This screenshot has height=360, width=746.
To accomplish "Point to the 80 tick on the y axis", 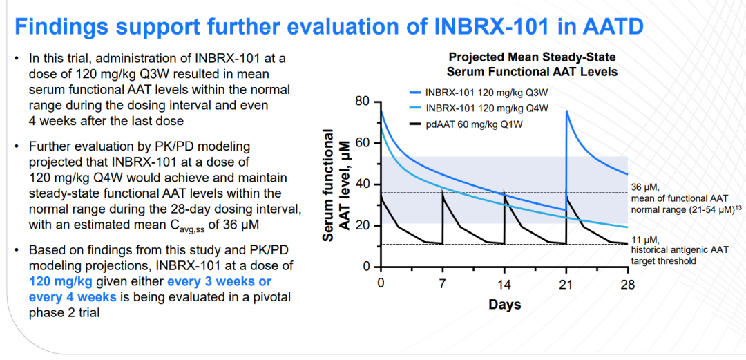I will (362, 102).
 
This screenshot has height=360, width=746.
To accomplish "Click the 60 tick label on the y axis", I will (362, 144).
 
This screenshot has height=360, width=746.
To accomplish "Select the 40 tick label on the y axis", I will (362, 184).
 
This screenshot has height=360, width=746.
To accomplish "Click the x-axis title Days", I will (504, 305).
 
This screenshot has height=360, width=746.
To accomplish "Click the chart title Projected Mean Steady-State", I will (532, 57).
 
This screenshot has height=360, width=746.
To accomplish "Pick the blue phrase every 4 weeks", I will (72, 297).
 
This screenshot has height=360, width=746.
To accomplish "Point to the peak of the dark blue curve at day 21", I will (567, 111).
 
